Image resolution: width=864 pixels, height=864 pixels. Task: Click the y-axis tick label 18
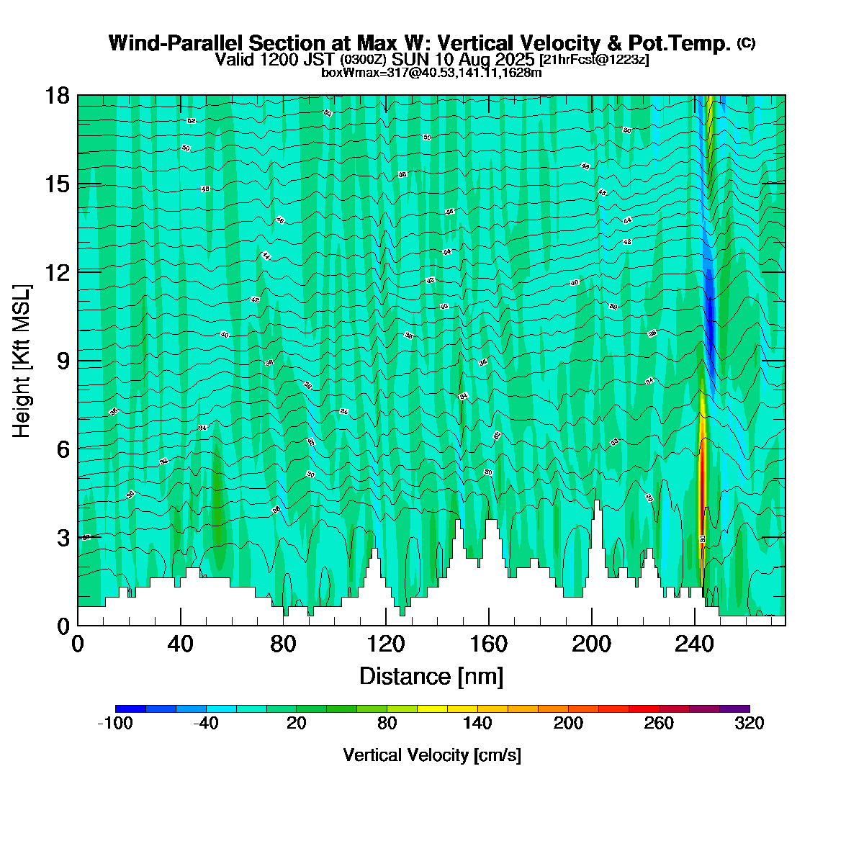(57, 96)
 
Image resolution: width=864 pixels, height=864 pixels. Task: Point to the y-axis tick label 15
(57, 184)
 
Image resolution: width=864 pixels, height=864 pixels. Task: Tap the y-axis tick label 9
(63, 361)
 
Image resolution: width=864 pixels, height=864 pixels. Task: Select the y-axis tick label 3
(63, 538)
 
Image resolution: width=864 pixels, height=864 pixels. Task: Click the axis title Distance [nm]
(431, 677)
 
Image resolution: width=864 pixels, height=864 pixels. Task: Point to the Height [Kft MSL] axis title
(22, 361)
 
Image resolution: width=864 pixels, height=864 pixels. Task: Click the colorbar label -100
(114, 724)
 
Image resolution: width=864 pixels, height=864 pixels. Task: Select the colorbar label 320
(750, 724)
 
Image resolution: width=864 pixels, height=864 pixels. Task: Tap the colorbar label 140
(477, 724)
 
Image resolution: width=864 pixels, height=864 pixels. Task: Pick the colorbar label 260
(659, 724)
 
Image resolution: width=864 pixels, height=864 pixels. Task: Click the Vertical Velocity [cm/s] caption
(432, 755)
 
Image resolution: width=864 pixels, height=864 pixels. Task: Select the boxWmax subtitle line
(431, 72)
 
